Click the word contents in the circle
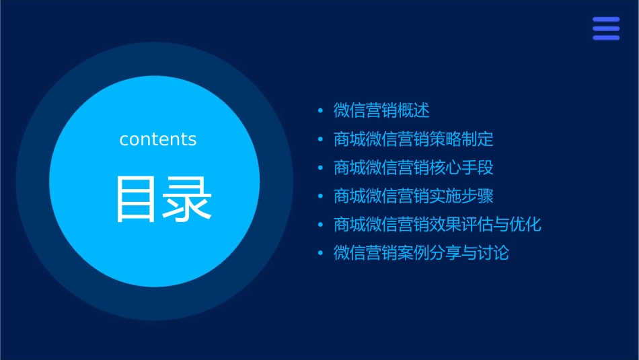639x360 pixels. coord(158,139)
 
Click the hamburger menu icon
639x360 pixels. coord(606,29)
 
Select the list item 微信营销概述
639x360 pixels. coord(381,110)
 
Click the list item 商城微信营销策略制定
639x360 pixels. coord(414,139)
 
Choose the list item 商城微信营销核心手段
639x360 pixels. coord(414,168)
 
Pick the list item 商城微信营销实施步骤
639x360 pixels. coord(414,196)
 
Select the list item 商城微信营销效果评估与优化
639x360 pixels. coord(437,225)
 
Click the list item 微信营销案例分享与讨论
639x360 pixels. coord(422,254)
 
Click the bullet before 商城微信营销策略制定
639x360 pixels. coord(321,140)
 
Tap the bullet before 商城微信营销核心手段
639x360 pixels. coord(321,168)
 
